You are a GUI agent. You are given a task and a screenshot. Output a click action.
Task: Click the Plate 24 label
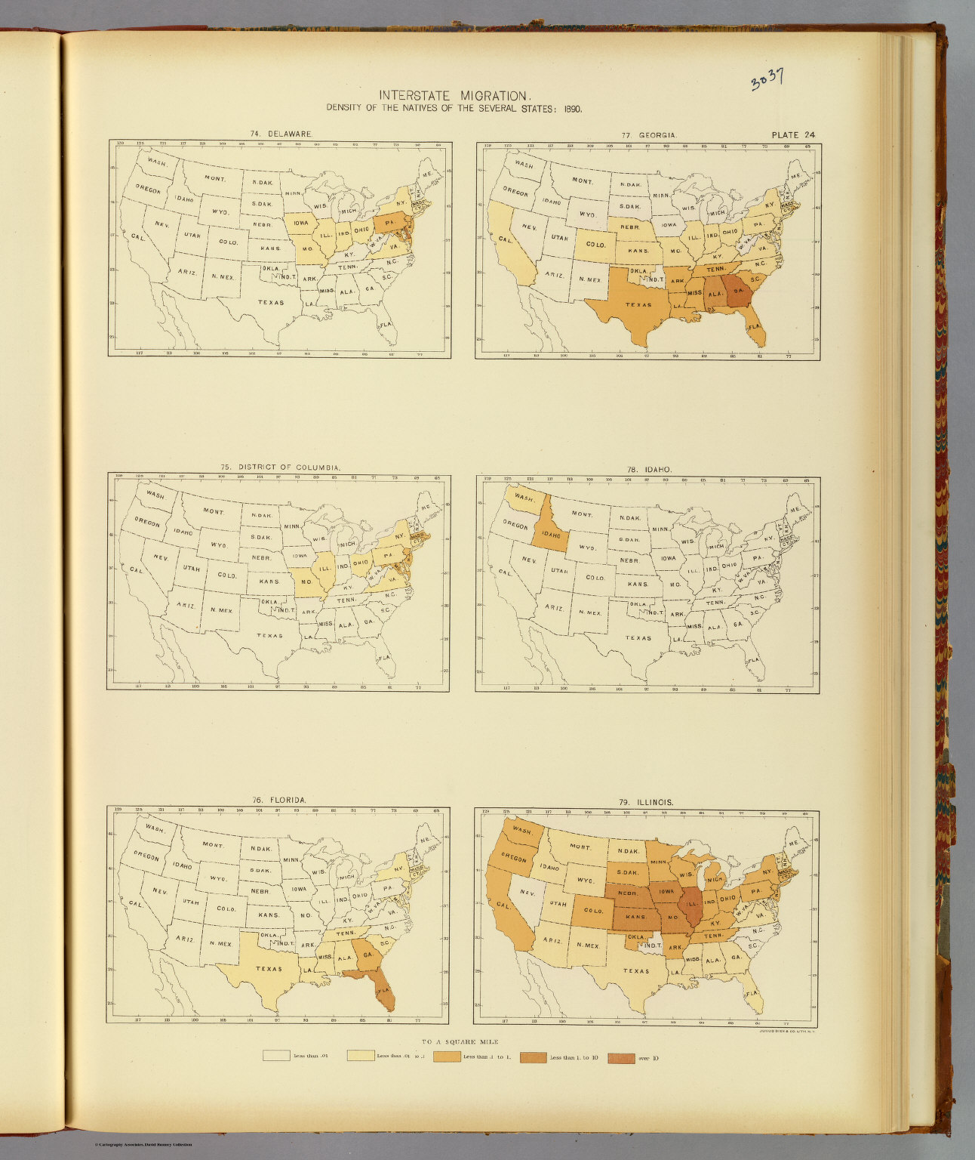(792, 135)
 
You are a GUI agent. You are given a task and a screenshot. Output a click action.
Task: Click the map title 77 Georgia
(649, 135)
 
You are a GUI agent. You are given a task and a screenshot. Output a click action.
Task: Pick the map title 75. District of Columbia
(280, 467)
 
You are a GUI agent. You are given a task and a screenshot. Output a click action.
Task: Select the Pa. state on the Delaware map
(390, 224)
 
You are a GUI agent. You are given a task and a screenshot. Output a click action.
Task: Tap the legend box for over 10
(621, 1057)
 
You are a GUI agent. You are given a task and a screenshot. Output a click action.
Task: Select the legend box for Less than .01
(276, 1056)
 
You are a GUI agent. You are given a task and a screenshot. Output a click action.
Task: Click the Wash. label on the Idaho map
(522, 498)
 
